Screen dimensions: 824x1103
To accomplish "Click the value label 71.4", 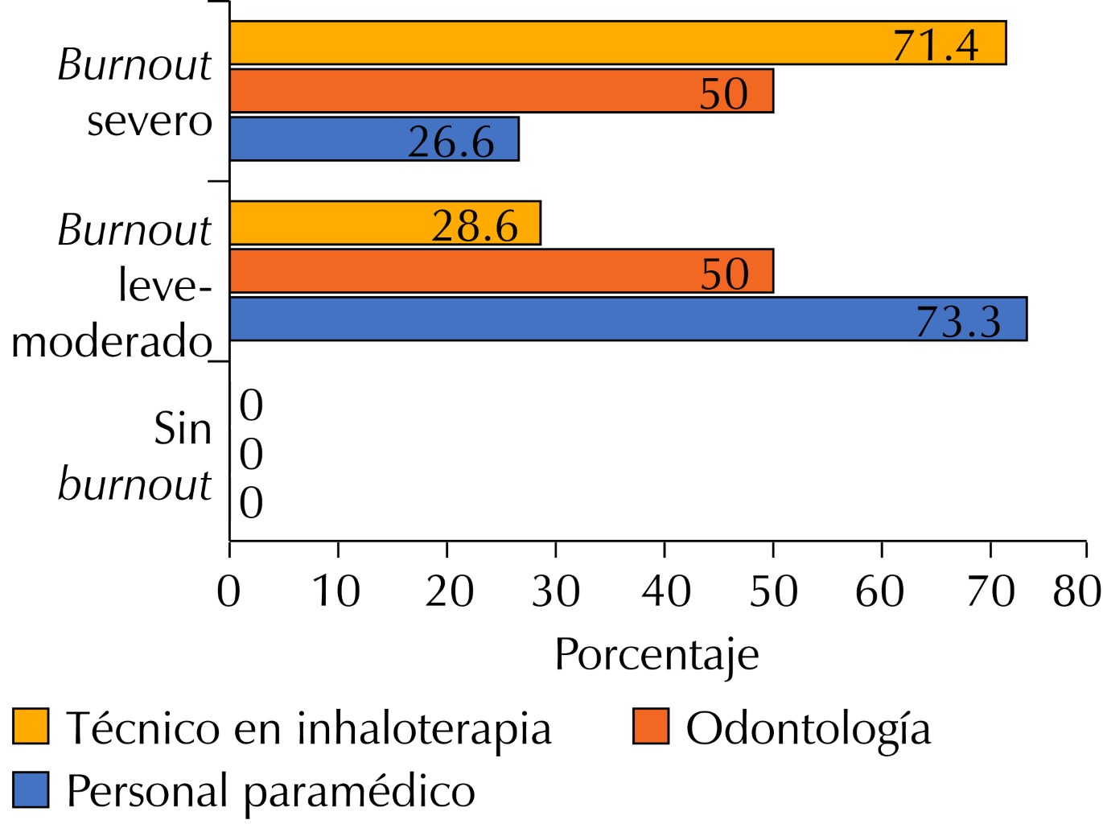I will [936, 45].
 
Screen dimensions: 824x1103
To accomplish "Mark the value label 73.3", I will [958, 322].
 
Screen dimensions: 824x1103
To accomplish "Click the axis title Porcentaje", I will [656, 655].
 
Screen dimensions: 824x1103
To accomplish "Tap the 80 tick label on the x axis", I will [1076, 591].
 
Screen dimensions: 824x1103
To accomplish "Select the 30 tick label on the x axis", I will [555, 591].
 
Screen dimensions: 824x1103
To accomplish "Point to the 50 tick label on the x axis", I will [773, 591].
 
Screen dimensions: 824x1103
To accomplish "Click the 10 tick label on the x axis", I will [336, 591].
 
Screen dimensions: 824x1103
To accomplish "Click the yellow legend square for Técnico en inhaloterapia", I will [31, 727].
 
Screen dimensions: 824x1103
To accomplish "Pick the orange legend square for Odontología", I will [651, 727].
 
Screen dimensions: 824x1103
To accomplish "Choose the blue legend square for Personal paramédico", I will [31, 789].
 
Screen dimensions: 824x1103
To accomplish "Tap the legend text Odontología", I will [808, 729].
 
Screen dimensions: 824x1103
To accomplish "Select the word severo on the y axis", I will [150, 122].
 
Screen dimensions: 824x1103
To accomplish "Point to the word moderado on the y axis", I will [111, 342].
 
